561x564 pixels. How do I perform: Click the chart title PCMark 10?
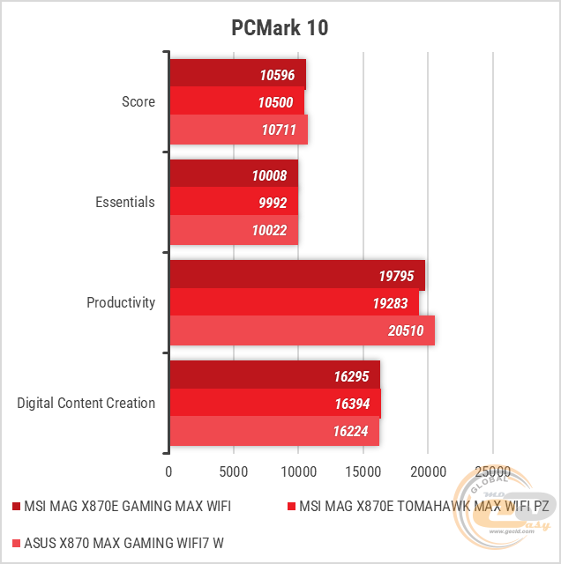(x=280, y=27)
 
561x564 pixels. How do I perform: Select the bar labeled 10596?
(x=237, y=74)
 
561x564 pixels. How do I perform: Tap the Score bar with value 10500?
(x=236, y=102)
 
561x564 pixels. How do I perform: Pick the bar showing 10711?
(x=238, y=130)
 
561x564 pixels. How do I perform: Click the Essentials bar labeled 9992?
(x=234, y=202)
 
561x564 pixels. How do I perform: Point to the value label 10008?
(x=269, y=174)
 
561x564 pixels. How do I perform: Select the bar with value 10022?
(x=234, y=230)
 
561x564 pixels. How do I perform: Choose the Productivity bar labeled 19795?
(x=297, y=275)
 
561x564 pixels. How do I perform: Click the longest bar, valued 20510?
(x=302, y=330)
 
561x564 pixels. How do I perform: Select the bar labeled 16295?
(x=274, y=375)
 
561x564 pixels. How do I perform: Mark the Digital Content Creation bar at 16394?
(x=275, y=404)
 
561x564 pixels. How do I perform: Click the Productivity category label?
(x=121, y=302)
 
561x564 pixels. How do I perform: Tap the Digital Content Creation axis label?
(x=86, y=403)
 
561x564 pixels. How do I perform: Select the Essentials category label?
(x=125, y=202)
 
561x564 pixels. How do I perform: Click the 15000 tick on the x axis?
(x=363, y=471)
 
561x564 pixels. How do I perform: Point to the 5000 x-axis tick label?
(x=234, y=471)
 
